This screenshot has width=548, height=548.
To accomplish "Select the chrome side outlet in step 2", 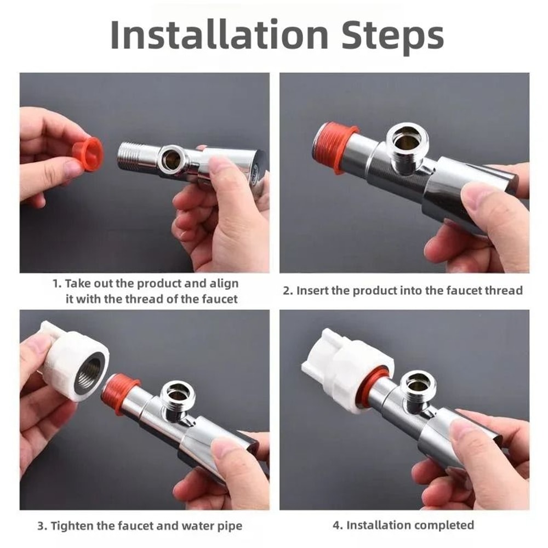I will pos(409,146).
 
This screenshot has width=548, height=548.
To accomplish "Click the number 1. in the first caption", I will pos(56,284).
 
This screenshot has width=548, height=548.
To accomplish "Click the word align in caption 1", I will pos(224,284).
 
